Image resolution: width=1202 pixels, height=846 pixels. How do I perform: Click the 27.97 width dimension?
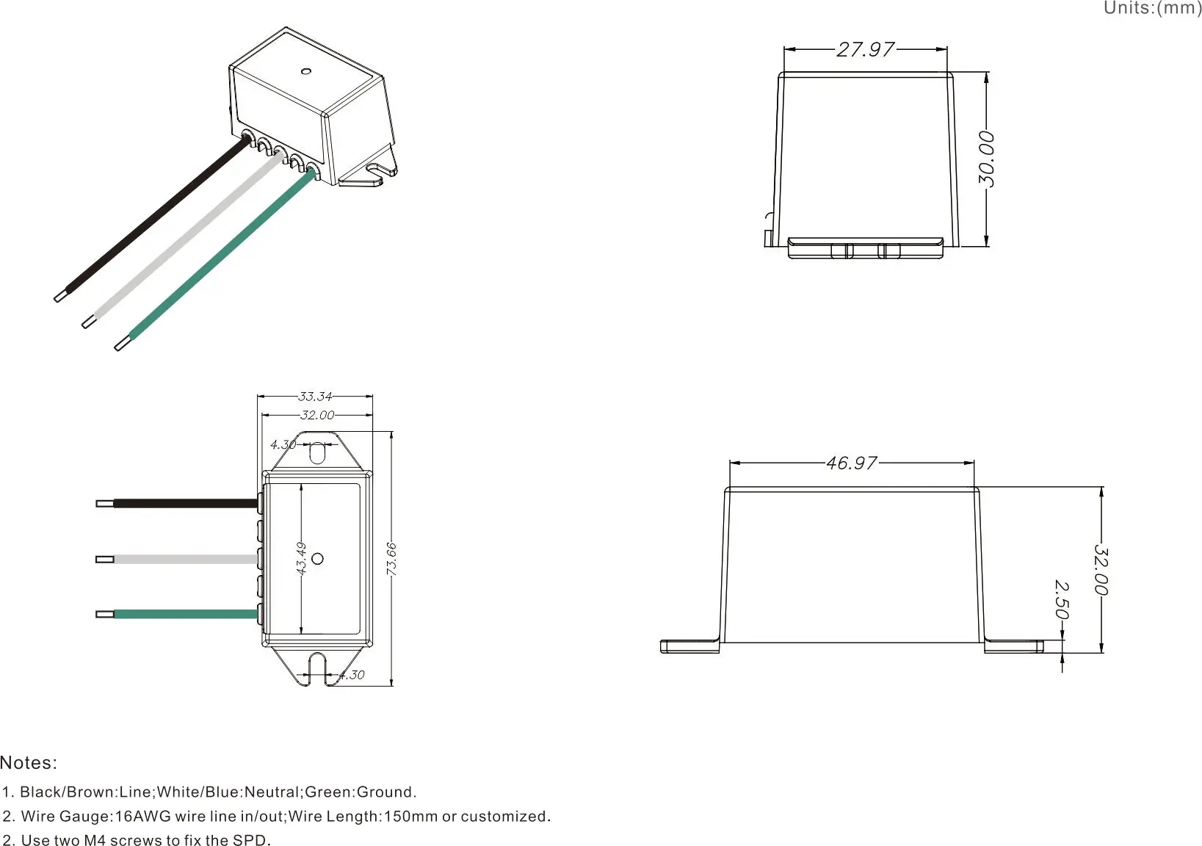pos(866,49)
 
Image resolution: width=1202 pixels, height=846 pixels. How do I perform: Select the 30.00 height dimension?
pos(987,159)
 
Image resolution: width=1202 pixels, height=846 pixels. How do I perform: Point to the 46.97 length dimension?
pos(852,463)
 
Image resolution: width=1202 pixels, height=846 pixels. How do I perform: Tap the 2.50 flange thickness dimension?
pos(1061,600)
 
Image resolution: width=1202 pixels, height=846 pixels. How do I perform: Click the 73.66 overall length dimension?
pos(391,559)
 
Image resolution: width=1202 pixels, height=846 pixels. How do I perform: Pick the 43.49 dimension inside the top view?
pos(301,558)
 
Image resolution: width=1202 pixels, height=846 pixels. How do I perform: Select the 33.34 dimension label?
pos(315,397)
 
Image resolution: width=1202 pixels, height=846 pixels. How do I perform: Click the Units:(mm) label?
pos(1152,8)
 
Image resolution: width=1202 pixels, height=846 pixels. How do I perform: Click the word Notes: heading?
pos(29,762)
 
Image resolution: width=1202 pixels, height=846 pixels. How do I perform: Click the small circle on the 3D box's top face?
pos(306,72)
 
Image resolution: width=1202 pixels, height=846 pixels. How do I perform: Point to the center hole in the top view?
pos(318,559)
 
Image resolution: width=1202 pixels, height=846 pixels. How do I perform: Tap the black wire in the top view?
pos(184,504)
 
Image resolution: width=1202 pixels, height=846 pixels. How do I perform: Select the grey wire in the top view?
pos(184,560)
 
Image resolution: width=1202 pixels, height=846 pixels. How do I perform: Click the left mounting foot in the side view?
pos(689,646)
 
